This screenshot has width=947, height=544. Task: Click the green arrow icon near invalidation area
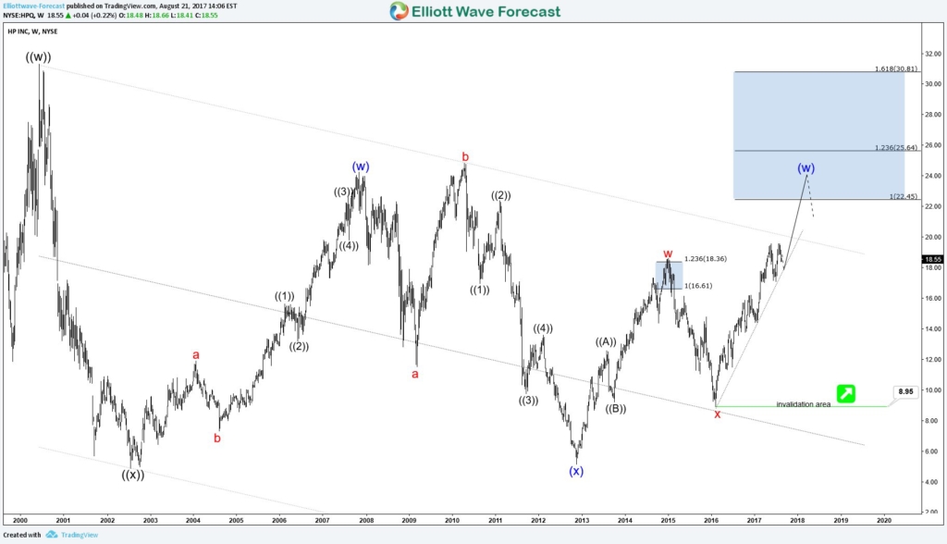point(844,393)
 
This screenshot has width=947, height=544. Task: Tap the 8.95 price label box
point(905,392)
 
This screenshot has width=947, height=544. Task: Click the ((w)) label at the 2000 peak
point(39,57)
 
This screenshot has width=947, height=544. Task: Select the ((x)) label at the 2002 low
point(132,475)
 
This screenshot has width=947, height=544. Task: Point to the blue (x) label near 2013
point(576,471)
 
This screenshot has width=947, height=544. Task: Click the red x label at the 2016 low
point(717,414)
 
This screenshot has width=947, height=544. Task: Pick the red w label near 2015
point(668,253)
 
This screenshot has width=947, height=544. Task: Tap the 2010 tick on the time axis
point(452,521)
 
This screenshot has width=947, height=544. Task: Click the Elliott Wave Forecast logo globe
point(399,11)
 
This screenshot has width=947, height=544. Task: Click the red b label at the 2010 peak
point(466,157)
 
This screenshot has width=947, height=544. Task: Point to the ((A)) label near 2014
point(606,341)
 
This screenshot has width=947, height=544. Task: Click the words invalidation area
point(803,404)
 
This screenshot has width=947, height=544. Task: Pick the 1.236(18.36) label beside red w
point(705,259)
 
